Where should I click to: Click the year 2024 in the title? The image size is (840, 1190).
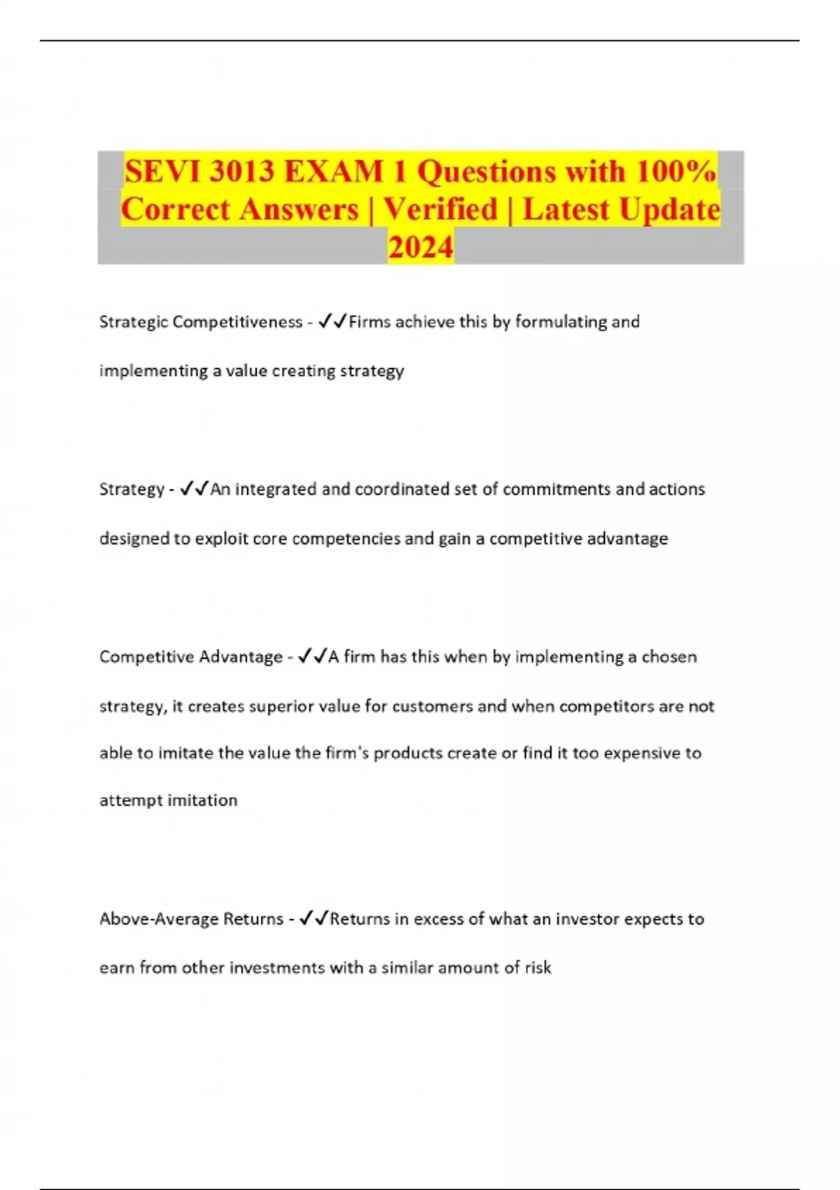click(420, 247)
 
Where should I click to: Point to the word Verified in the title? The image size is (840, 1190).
click(440, 209)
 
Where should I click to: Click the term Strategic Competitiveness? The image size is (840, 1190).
click(200, 322)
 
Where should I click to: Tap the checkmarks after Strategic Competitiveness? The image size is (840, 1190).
click(332, 322)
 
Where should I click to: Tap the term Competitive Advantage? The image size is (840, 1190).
click(190, 657)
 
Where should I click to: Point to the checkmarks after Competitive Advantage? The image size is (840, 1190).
click(312, 657)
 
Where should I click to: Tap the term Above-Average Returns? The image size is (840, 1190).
click(191, 919)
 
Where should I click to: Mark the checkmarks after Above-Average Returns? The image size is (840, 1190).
click(314, 919)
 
